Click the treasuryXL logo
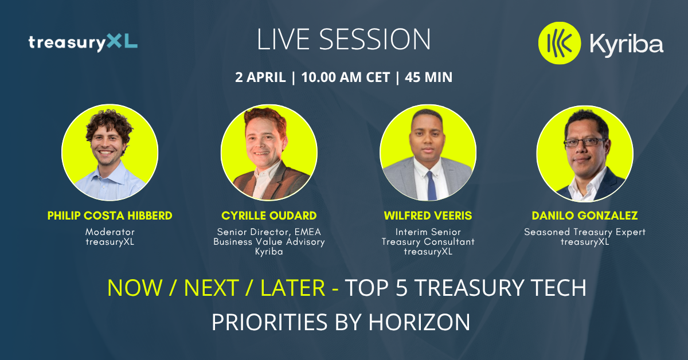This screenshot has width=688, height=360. point(83,42)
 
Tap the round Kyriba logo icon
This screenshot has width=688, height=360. point(560,43)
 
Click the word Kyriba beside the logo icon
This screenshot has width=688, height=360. point(627,45)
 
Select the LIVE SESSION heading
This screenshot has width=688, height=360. point(343,40)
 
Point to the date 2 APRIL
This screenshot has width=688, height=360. point(260,77)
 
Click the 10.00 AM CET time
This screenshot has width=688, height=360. point(346,77)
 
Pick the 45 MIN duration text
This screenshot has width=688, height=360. point(428,77)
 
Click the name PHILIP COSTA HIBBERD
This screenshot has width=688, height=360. point(110,216)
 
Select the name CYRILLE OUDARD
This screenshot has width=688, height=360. point(269,216)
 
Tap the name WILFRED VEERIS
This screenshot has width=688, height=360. point(428,216)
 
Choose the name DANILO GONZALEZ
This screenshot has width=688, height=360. point(585,216)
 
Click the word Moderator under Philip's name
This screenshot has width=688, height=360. point(110,232)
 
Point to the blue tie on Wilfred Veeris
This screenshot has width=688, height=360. point(431,185)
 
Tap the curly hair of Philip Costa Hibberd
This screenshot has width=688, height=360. point(110,123)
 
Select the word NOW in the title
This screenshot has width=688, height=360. point(135,288)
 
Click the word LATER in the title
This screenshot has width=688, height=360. point(293,288)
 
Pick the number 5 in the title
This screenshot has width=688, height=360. point(401,288)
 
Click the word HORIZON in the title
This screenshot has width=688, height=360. point(419,322)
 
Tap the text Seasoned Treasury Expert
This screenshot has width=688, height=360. point(585,232)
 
